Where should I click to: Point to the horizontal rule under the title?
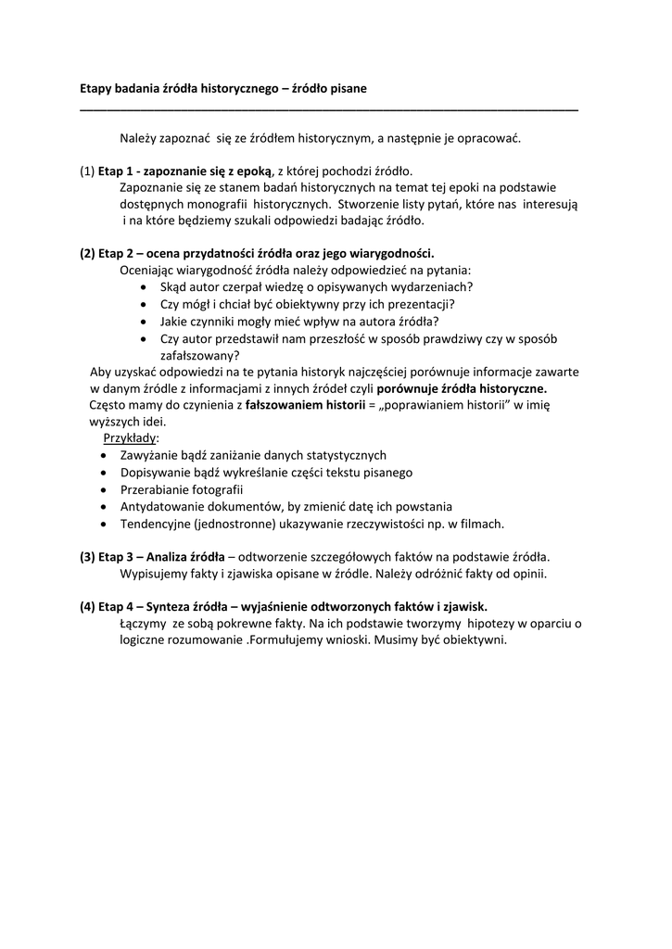[x=329, y=110]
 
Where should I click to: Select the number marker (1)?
[x=87, y=171]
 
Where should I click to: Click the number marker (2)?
[x=87, y=253]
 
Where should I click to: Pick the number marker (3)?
[x=87, y=557]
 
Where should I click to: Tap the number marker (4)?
[x=87, y=607]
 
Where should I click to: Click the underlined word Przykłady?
[x=131, y=438]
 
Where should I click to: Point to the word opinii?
[x=528, y=574]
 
